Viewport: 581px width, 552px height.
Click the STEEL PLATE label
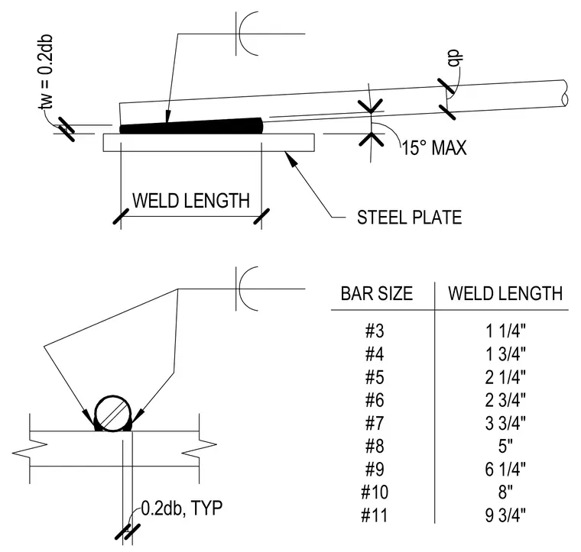coord(410,217)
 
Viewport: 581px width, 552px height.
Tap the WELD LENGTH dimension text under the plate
coord(191,201)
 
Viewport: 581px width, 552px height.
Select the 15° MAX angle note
coord(434,147)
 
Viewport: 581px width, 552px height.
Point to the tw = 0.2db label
coord(46,73)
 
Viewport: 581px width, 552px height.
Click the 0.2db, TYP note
coord(182,508)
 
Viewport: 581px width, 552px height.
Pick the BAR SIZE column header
coord(377,293)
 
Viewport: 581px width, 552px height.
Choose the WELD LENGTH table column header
coord(505,293)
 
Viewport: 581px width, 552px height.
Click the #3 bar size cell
coord(375,331)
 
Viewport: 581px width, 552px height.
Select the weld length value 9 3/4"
coord(505,515)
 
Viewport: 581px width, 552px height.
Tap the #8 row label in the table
coord(375,446)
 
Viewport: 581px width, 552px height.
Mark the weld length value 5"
coord(505,446)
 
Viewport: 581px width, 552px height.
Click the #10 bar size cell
coord(375,492)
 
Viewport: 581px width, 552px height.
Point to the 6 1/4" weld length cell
coord(505,469)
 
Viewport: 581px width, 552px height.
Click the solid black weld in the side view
coord(191,127)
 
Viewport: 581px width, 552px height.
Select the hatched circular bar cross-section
coord(113,413)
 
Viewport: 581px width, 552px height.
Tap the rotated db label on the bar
coord(455,59)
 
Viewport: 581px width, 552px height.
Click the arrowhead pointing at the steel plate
coord(291,158)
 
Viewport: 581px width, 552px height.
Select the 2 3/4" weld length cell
coord(505,400)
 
